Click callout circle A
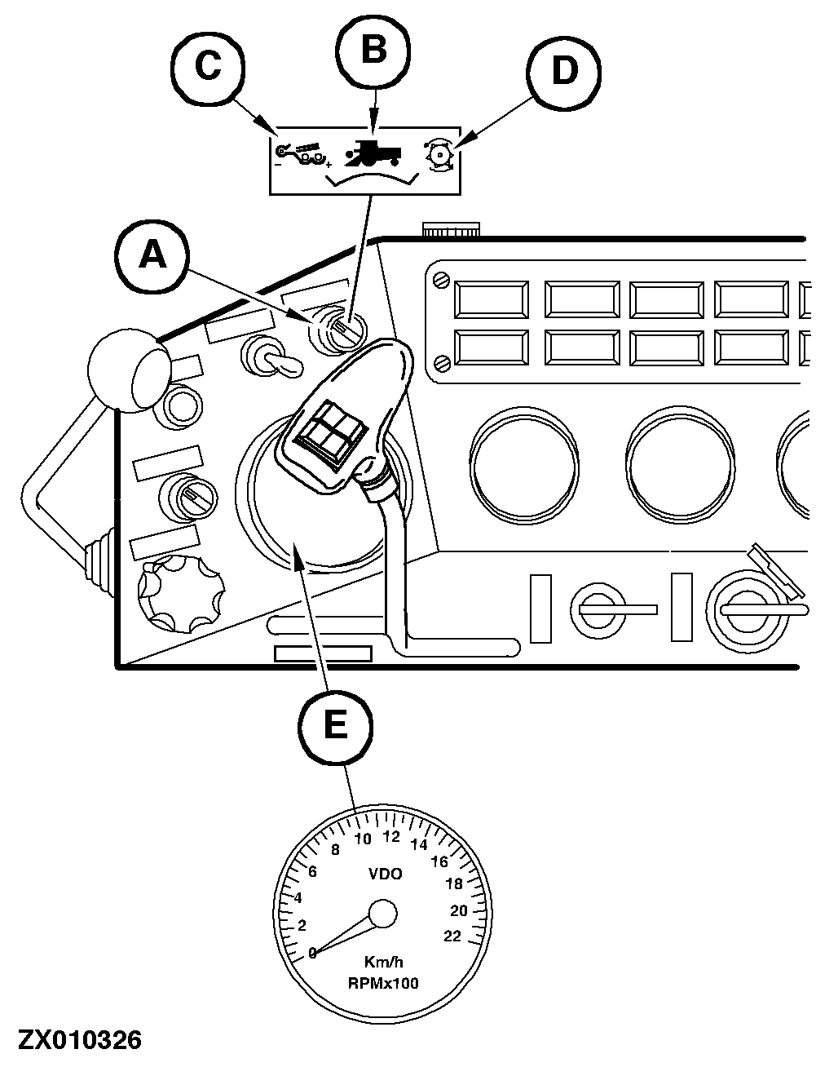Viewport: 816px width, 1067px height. point(152,257)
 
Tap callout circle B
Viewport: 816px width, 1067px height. point(373,51)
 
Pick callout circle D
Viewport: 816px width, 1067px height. point(563,71)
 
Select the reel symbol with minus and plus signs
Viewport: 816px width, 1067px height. point(302,154)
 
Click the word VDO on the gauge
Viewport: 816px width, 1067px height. point(386,874)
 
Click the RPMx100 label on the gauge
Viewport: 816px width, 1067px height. point(383,983)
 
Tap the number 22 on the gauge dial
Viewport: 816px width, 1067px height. point(452,936)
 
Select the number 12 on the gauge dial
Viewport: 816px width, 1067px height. point(391,836)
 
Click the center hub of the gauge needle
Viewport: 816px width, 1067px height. point(382,914)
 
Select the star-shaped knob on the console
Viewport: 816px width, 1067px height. point(181,592)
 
